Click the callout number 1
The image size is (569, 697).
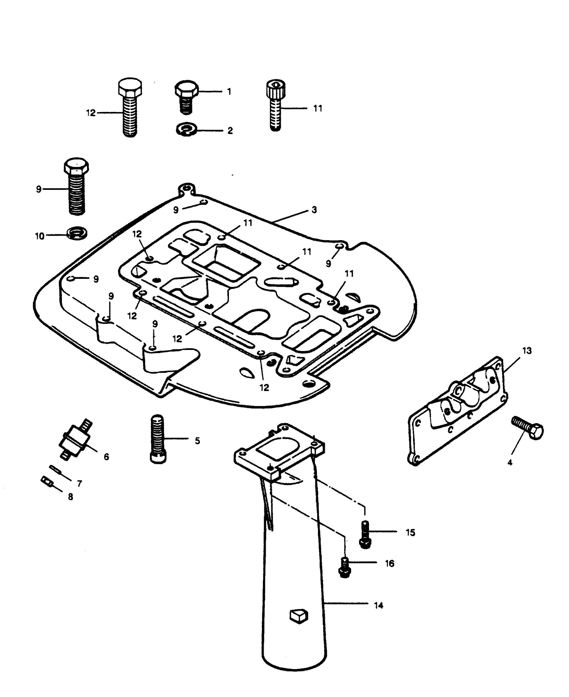pyautogui.click(x=229, y=91)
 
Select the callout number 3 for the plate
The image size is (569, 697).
pyautogui.click(x=314, y=210)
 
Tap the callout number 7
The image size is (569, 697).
pyautogui.click(x=79, y=483)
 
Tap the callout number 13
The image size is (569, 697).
pyautogui.click(x=527, y=351)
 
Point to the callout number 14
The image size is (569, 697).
pyautogui.click(x=378, y=605)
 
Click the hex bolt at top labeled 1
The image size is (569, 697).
pyautogui.click(x=187, y=97)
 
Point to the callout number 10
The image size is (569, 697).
pyautogui.click(x=40, y=236)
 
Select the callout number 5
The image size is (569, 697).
pyautogui.click(x=197, y=441)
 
